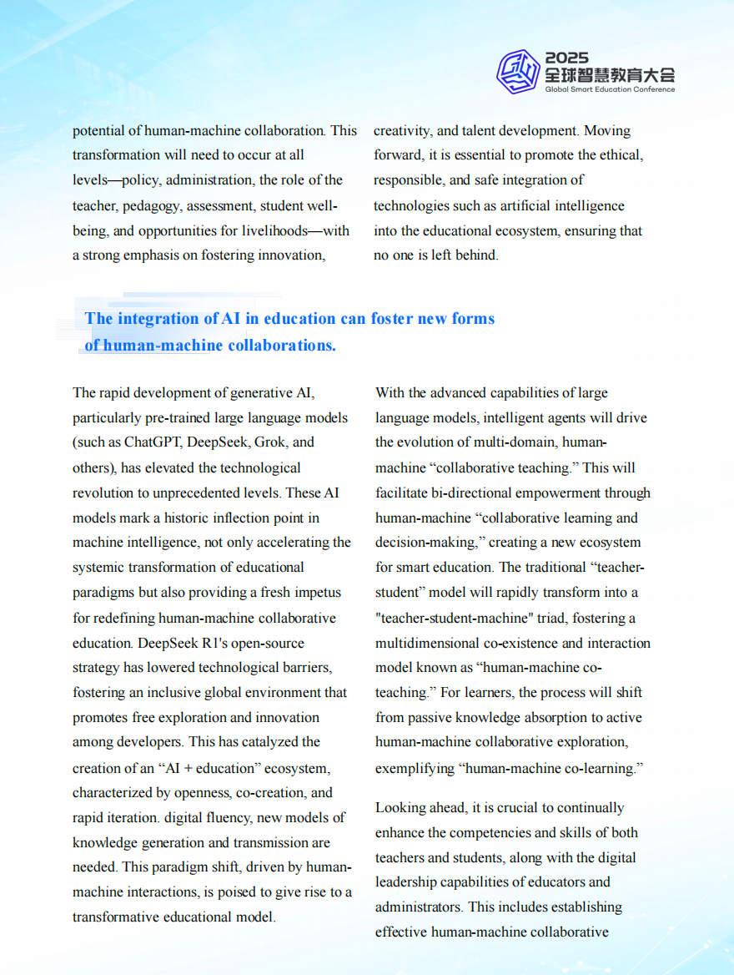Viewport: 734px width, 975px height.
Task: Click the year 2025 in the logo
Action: (567, 58)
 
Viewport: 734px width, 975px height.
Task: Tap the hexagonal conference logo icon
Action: (518, 71)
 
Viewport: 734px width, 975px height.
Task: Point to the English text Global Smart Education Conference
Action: (610, 89)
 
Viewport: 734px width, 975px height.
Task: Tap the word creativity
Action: (402, 131)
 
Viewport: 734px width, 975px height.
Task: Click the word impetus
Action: (314, 593)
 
